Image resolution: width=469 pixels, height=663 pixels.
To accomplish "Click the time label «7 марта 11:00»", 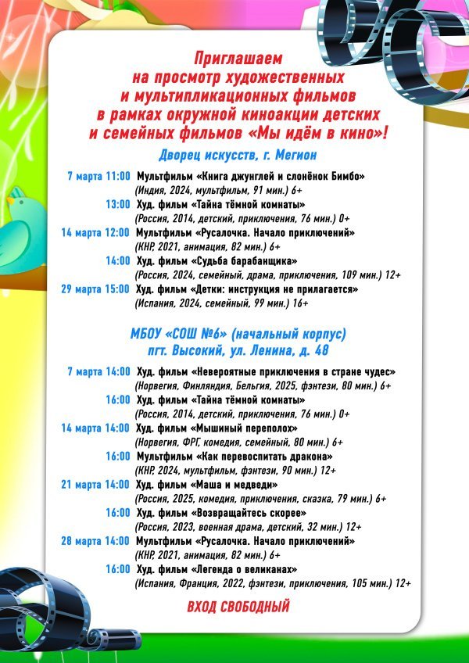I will tap(99, 176).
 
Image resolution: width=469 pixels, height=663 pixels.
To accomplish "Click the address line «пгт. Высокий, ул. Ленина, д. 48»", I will tap(238, 349).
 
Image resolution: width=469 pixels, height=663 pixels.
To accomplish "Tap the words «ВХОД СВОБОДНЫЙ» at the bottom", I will tap(238, 606).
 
